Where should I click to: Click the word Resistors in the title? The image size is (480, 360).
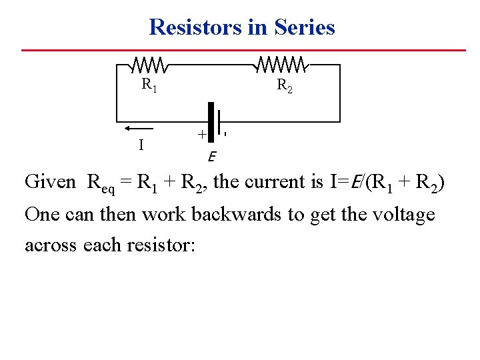pos(193,27)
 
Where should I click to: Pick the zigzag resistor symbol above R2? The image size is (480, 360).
pos(282,65)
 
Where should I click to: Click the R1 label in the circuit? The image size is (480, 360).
pos(149,85)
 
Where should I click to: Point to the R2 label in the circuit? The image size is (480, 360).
pos(284,86)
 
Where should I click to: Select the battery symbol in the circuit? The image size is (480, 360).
pos(214,123)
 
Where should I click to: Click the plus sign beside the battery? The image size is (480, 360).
pos(201,134)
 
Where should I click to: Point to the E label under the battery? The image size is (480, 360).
pos(211,158)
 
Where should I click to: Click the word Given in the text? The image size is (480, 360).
pos(51,182)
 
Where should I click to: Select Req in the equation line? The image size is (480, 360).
pos(101,183)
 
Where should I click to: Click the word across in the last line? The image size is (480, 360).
pos(51,245)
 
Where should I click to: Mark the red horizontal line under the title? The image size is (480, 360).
pos(243,50)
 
